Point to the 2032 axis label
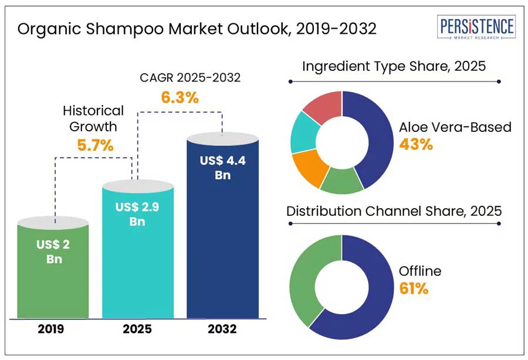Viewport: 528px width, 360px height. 222,329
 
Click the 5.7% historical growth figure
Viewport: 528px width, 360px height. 95,145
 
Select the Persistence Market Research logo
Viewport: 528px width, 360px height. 477,28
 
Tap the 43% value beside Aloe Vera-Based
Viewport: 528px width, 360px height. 416,144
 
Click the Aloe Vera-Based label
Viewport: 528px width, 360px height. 455,127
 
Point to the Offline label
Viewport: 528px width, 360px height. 420,271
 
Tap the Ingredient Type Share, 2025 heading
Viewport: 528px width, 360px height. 394,66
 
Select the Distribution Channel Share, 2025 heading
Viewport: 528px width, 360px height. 394,210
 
